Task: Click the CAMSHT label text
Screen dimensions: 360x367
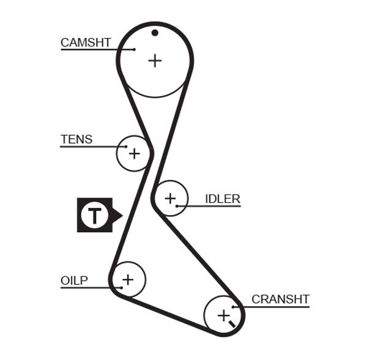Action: tap(86, 42)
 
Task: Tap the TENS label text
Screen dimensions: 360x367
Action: tap(76, 139)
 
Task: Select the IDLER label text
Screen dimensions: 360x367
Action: tap(223, 199)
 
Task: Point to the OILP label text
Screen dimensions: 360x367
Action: tap(74, 281)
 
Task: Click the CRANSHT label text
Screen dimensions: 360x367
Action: tap(281, 299)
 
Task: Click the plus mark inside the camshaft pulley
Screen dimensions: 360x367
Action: tap(155, 60)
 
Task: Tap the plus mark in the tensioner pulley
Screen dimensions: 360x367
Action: tap(133, 153)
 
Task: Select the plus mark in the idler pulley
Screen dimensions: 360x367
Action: tap(169, 198)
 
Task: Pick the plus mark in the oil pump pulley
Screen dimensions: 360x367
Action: tap(127, 280)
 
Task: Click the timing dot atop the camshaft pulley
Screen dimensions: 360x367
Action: tap(155, 32)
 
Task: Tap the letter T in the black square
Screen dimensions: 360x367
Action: tap(94, 215)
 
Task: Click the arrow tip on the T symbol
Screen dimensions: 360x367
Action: tap(121, 215)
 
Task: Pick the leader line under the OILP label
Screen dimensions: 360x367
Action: tap(86, 287)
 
